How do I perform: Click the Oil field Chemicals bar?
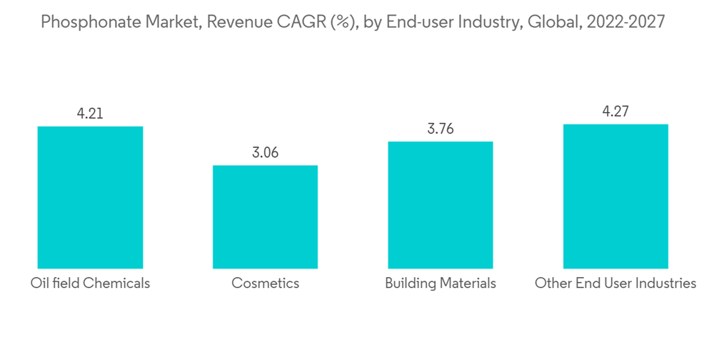point(90,197)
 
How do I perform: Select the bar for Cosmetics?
point(265,216)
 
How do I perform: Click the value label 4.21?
point(90,113)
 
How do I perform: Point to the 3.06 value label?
point(265,152)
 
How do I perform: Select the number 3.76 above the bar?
point(440,129)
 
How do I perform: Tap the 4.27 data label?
point(615,111)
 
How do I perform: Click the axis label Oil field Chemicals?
point(90,284)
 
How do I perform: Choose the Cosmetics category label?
point(265,284)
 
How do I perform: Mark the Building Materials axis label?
point(440,284)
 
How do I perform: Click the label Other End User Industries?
point(615,284)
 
